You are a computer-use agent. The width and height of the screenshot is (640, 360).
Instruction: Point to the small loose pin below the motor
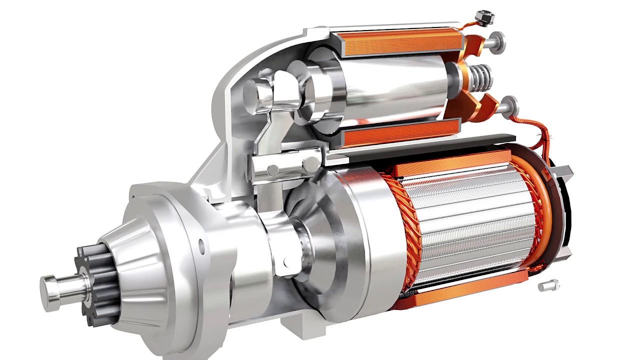[548, 285]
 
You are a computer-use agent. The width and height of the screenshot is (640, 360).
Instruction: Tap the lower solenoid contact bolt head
[511, 105]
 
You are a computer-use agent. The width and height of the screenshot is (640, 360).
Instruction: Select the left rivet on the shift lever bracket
[273, 170]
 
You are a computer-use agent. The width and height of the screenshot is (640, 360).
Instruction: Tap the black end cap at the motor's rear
[567, 210]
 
